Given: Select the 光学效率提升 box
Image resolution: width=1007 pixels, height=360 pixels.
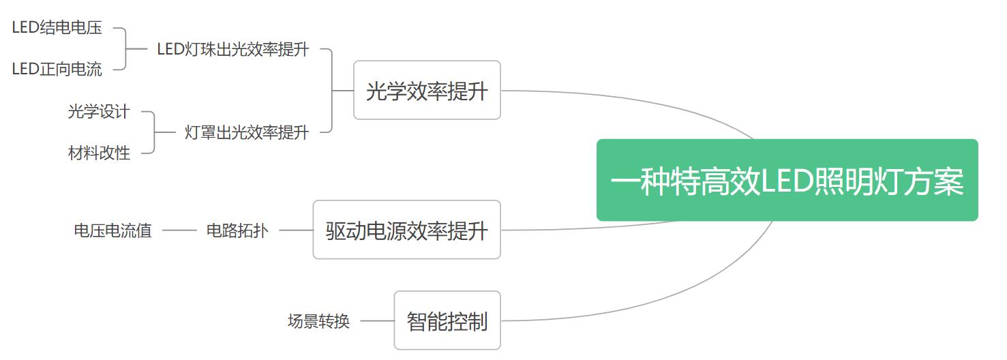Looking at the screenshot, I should pyautogui.click(x=427, y=90).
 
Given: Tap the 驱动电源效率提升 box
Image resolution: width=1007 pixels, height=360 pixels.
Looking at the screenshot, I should pyautogui.click(x=406, y=230).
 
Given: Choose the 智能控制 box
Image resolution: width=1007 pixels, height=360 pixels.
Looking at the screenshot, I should pyautogui.click(x=447, y=320).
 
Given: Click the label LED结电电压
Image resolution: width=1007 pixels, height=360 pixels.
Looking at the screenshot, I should pyautogui.click(x=57, y=28).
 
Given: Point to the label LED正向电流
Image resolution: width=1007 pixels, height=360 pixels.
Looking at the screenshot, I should pyautogui.click(x=57, y=69).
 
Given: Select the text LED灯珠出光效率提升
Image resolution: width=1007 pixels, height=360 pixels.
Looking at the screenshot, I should pyautogui.click(x=233, y=49).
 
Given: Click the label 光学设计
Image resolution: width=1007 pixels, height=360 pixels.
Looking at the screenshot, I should pyautogui.click(x=99, y=112).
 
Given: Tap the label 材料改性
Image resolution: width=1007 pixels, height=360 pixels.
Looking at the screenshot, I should pyautogui.click(x=99, y=153).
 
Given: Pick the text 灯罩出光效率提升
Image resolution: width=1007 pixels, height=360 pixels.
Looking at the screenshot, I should pyautogui.click(x=247, y=132).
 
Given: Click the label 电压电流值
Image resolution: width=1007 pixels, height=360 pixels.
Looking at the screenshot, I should pyautogui.click(x=112, y=230).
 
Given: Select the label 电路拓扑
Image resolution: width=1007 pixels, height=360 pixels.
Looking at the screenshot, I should pyautogui.click(x=237, y=230).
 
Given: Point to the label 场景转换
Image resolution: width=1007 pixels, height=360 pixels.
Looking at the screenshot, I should pyautogui.click(x=318, y=321).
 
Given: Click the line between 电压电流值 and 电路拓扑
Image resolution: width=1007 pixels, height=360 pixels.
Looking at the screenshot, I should pyautogui.click(x=179, y=230).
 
